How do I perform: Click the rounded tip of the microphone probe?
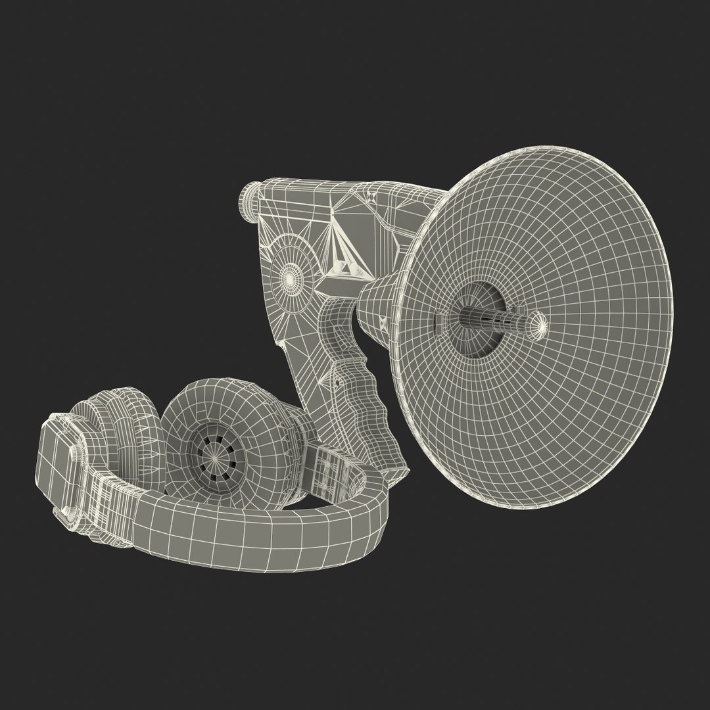tap(539, 322)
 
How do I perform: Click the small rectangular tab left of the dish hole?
tap(437, 319)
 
